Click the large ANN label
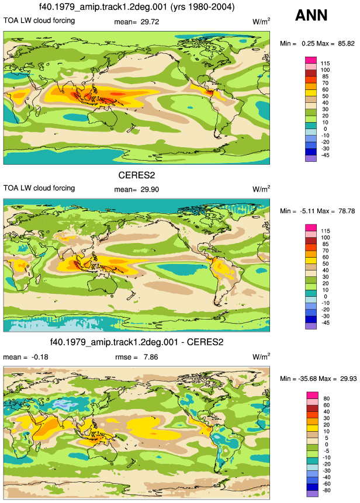(311, 15)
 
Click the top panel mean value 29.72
(150, 22)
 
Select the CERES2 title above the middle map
(137, 175)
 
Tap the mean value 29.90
(150, 190)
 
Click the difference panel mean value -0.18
(40, 357)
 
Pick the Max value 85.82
(346, 44)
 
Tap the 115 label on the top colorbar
(326, 64)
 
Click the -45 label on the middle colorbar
(326, 322)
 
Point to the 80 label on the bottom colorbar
(327, 398)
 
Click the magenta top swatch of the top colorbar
(311, 60)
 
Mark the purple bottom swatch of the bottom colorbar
(312, 494)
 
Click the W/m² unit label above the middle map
(261, 189)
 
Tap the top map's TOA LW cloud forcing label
(39, 20)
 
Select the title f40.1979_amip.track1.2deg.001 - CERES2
(137, 342)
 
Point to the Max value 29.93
(348, 379)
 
